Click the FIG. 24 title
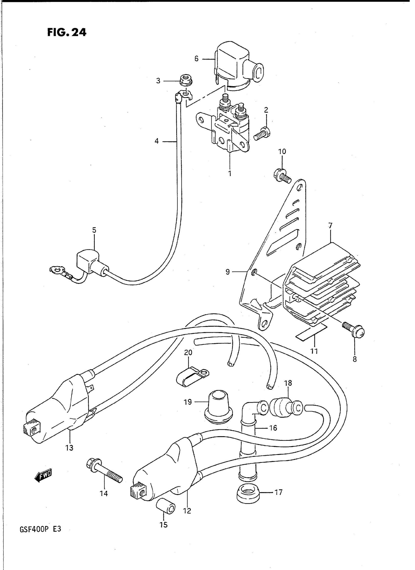67,32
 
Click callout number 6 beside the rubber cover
197,59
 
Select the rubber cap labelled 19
218,408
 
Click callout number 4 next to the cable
157,141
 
